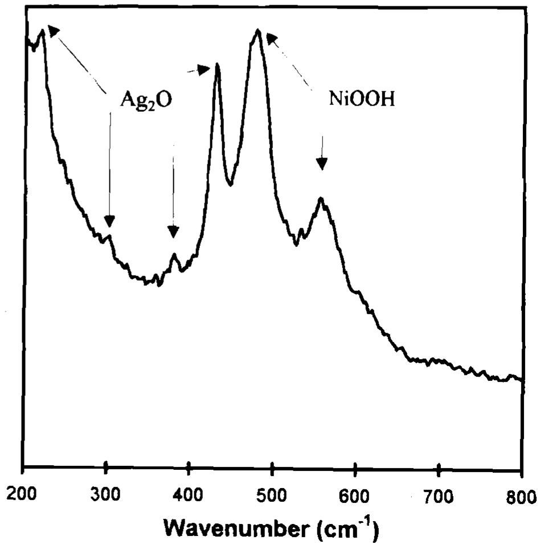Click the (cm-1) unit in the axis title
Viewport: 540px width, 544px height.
coord(345,526)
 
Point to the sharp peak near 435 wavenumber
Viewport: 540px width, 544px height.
coord(217,64)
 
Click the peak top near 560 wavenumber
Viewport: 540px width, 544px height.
coord(321,198)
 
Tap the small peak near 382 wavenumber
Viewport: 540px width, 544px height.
coord(174,254)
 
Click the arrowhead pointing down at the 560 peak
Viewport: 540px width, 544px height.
coord(322,164)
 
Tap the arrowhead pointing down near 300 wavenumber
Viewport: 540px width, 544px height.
coord(109,222)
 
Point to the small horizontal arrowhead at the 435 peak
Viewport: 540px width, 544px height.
coord(205,70)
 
